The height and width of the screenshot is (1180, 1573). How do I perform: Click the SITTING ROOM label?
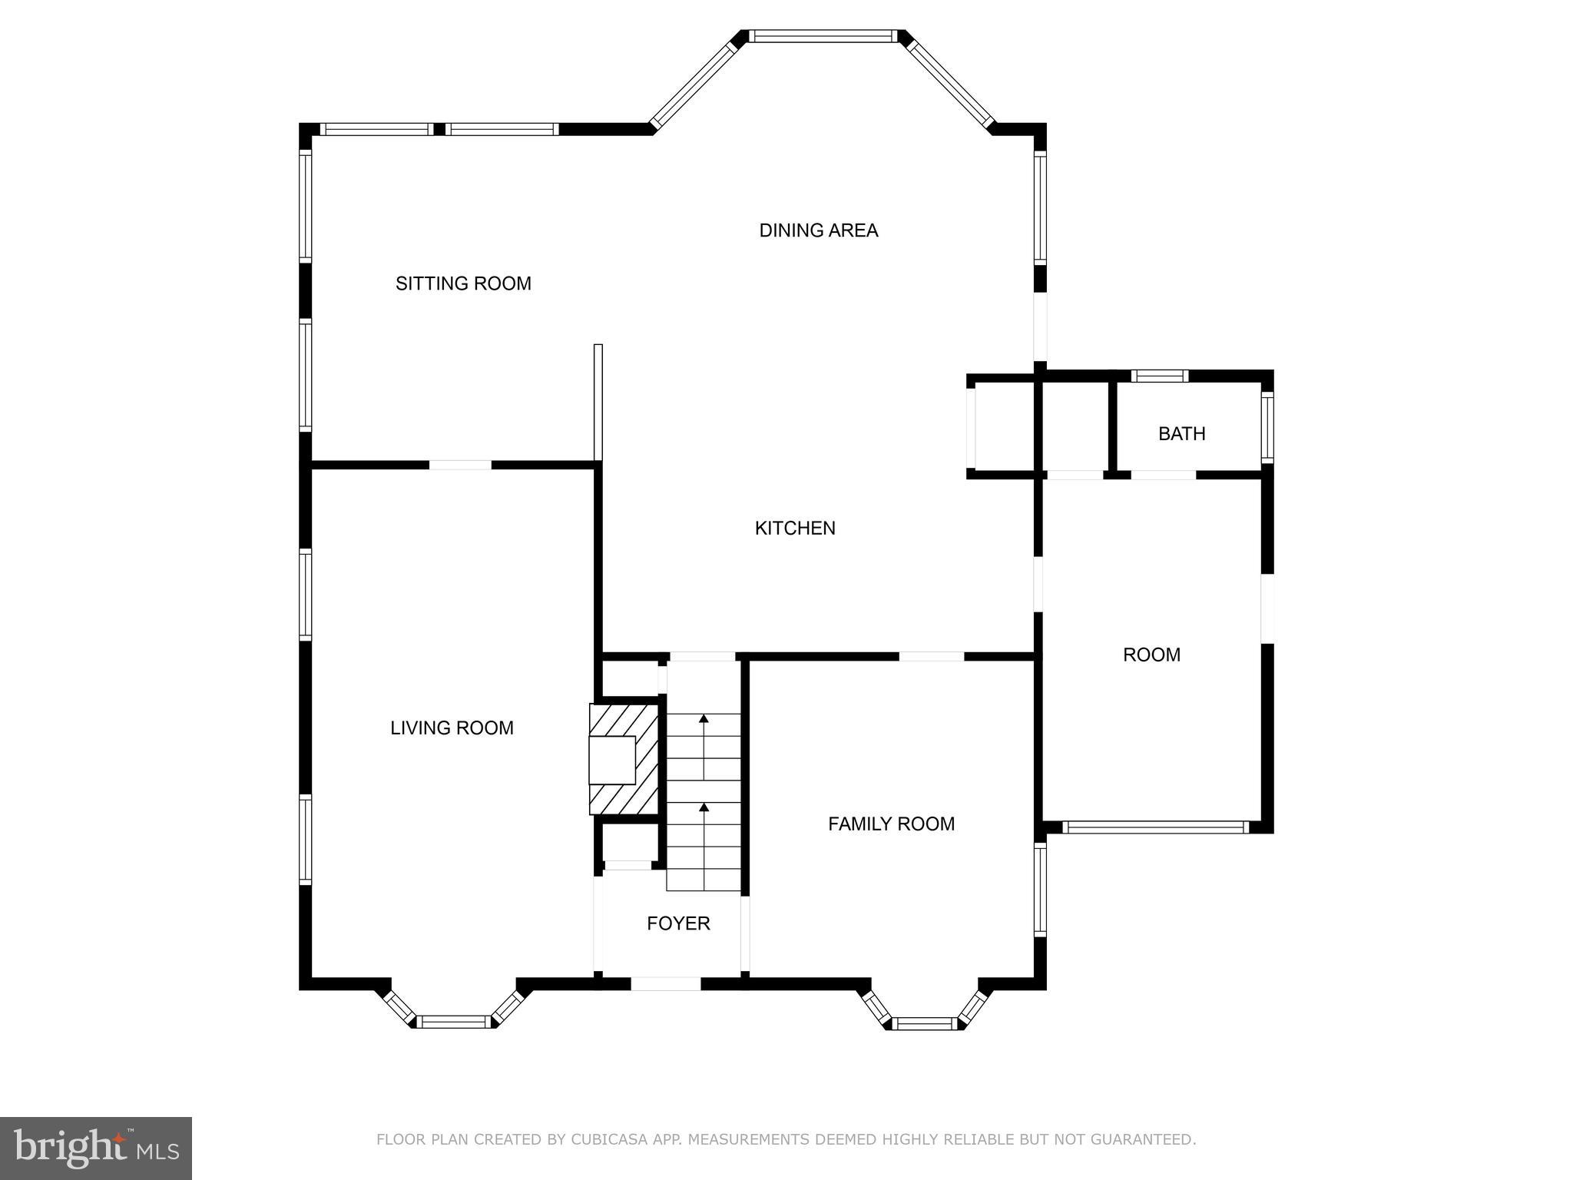(x=463, y=283)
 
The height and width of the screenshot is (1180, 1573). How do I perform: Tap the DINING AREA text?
(x=818, y=230)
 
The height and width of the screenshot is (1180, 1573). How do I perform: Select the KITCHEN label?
(x=795, y=528)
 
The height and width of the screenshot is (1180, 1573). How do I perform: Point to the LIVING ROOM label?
(x=452, y=728)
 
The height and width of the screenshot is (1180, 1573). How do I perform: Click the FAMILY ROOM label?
(x=891, y=824)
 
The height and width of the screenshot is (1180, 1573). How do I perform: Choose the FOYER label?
(x=678, y=923)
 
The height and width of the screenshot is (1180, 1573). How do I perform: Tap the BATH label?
(x=1181, y=434)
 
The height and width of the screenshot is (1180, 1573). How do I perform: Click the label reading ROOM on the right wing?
(x=1151, y=655)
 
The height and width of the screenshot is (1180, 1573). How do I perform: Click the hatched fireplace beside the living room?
(x=624, y=759)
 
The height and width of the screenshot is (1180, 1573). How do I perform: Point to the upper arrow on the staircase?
(x=704, y=720)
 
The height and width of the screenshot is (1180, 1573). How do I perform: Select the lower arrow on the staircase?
(x=704, y=808)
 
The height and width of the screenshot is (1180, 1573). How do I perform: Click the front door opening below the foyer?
(x=666, y=983)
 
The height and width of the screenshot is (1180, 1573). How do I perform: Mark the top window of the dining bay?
(x=823, y=35)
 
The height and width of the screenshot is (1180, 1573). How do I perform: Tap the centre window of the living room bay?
(x=454, y=1021)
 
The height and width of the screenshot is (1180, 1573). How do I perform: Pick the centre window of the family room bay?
(x=925, y=1023)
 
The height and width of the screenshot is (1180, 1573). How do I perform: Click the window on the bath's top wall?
(x=1160, y=376)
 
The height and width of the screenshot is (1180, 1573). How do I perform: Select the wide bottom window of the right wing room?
(x=1155, y=827)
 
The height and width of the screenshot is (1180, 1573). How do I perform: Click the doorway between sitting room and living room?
(x=459, y=465)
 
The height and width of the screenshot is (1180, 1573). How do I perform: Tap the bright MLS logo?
(x=96, y=1148)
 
